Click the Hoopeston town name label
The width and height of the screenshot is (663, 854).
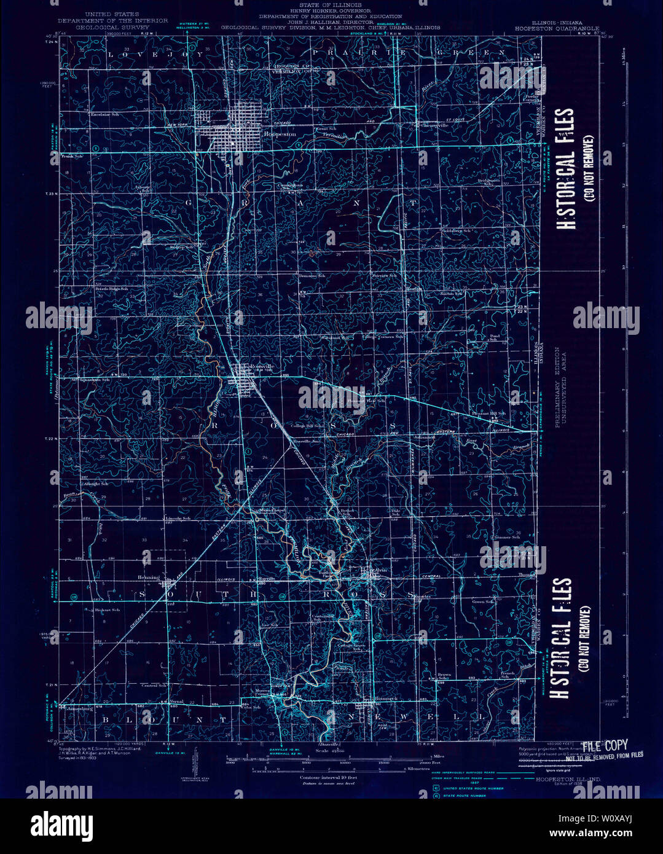click(x=280, y=134)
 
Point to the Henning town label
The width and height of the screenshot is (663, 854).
click(x=149, y=578)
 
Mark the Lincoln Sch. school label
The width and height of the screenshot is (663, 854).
click(x=178, y=518)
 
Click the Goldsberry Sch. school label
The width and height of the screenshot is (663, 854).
click(x=456, y=231)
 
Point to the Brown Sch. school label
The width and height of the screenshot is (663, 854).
click(x=444, y=676)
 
